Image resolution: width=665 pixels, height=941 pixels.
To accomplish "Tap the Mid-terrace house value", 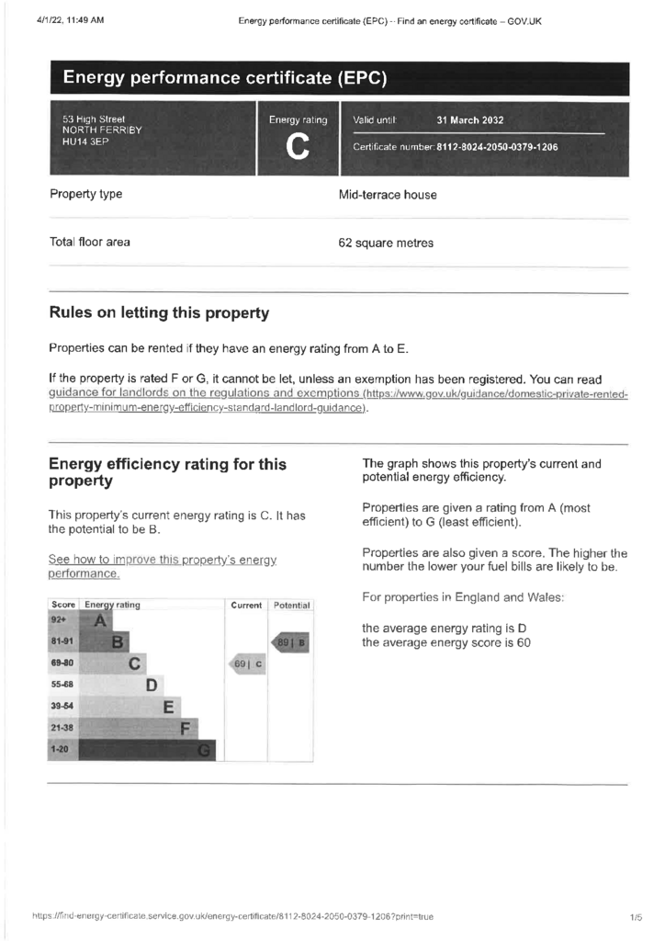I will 388,195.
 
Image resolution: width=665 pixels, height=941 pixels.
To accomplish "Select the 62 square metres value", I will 386,244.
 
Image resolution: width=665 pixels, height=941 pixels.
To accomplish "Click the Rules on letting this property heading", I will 159,313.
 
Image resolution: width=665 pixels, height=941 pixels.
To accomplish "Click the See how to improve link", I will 162,566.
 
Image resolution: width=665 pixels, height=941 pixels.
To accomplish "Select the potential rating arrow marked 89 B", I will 289,642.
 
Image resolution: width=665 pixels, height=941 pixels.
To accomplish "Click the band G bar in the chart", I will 147,751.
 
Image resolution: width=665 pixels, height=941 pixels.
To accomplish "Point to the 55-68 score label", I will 63,686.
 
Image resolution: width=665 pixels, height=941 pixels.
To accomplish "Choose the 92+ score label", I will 61,621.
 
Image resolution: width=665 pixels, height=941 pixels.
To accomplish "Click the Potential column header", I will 292,606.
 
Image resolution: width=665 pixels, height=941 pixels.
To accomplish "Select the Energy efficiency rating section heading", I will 167,472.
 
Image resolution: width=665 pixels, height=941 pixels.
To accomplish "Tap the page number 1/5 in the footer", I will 636,917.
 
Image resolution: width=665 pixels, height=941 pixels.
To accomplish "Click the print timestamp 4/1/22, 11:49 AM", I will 70,20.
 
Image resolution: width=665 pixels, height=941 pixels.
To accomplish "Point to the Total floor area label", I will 90,243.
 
